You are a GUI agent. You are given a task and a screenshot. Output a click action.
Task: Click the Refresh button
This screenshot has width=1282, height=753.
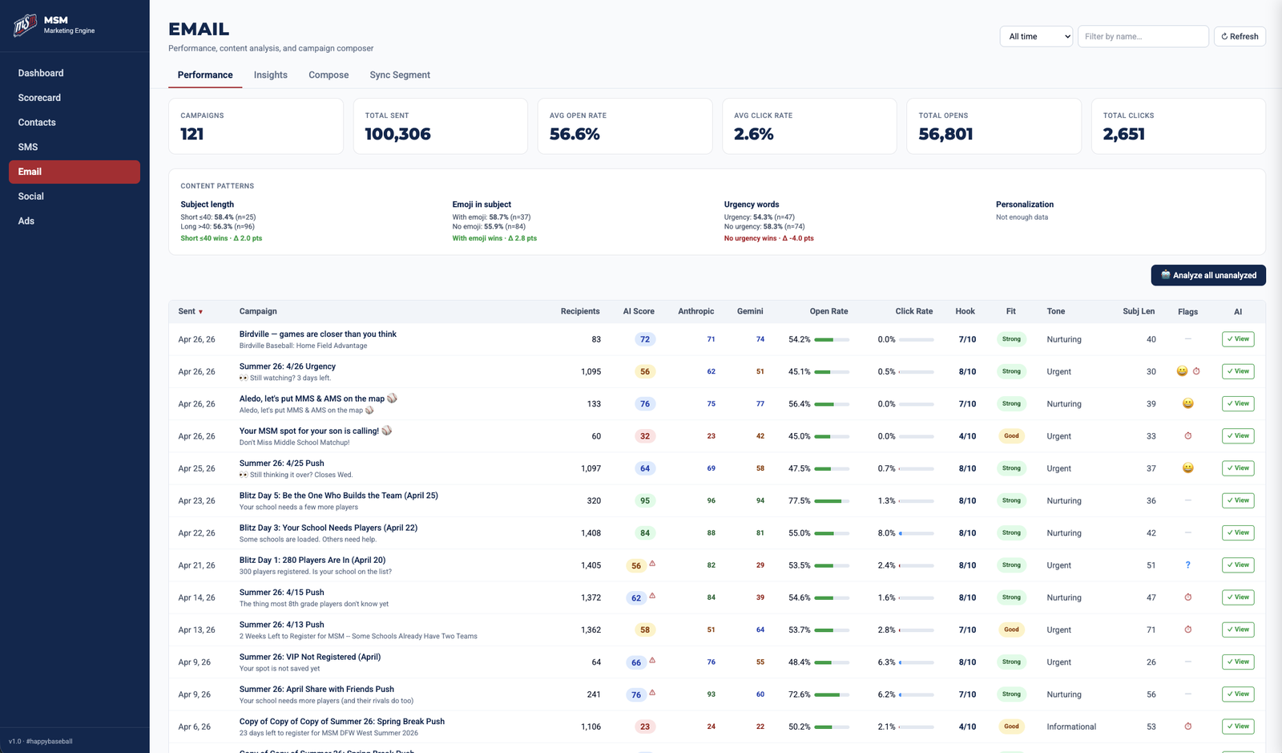(x=1240, y=36)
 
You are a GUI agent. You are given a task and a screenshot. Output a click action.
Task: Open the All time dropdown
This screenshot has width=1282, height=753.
(x=1036, y=36)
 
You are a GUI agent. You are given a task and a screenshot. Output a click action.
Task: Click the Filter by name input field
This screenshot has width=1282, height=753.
(x=1143, y=36)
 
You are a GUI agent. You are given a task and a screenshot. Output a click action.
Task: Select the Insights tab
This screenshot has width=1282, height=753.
(x=270, y=75)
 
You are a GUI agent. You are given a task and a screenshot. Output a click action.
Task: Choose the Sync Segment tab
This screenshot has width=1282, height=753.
(x=400, y=75)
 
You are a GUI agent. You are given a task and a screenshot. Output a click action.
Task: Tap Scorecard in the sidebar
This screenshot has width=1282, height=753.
(x=39, y=98)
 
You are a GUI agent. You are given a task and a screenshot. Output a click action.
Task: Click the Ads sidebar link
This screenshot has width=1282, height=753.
(x=26, y=221)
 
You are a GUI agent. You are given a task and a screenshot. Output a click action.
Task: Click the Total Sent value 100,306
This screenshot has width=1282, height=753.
(x=397, y=134)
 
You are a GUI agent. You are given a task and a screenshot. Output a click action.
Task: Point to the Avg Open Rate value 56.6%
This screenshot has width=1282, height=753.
(x=574, y=134)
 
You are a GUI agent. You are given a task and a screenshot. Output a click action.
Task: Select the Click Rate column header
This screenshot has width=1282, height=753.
(x=913, y=311)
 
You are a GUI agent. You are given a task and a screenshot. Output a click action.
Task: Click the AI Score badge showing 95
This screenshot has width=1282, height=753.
(x=645, y=500)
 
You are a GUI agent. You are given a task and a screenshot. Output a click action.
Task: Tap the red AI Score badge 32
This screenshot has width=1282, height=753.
(x=645, y=436)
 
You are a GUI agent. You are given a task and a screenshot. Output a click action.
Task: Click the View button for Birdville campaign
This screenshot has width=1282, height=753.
(x=1238, y=339)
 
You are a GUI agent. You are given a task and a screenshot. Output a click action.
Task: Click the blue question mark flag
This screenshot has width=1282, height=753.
(x=1187, y=565)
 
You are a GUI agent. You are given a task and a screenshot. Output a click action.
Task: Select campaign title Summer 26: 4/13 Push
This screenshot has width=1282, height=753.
(x=281, y=625)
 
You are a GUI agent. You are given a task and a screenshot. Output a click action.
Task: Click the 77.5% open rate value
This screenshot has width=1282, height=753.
(x=799, y=500)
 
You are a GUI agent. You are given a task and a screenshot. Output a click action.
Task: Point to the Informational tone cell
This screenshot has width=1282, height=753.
(x=1070, y=727)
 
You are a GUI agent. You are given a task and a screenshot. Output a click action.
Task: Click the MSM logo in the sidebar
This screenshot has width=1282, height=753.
(x=25, y=25)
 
